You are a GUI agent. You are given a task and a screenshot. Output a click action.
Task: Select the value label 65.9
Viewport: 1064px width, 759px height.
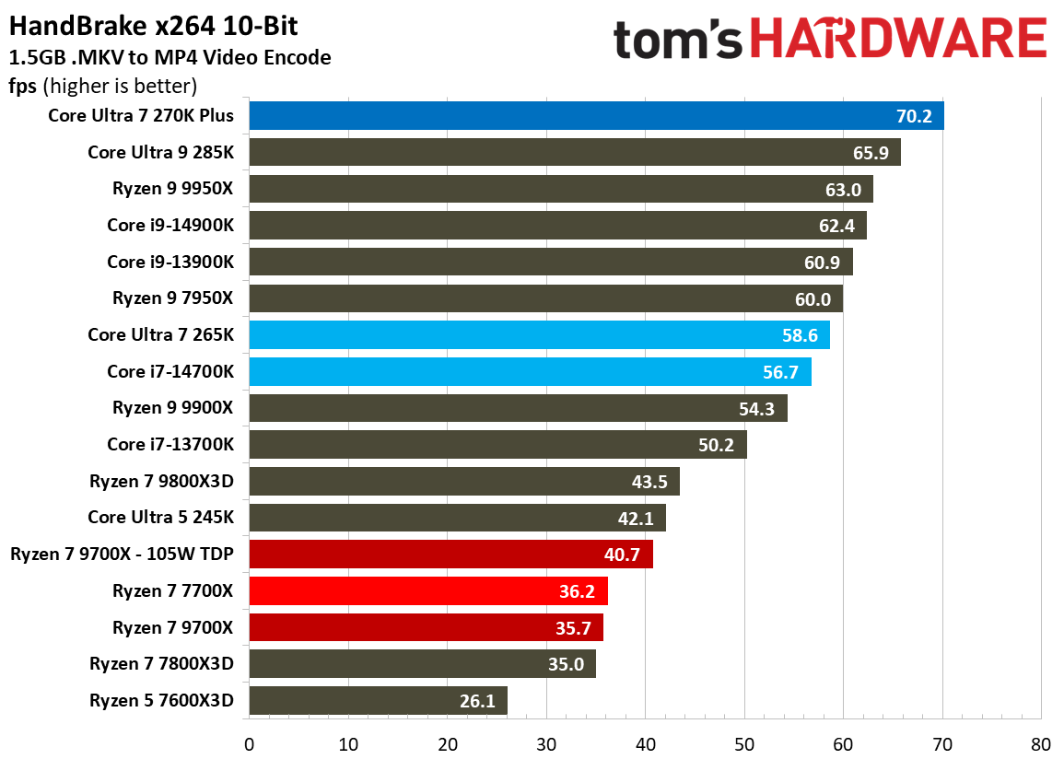[x=871, y=153]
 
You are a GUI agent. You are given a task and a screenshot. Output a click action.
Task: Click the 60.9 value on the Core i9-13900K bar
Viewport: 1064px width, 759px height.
[x=822, y=263]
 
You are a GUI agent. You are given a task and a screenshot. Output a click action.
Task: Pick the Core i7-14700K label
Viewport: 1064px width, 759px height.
[x=170, y=371]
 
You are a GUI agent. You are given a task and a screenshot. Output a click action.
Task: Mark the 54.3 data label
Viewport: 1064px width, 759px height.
[x=756, y=408]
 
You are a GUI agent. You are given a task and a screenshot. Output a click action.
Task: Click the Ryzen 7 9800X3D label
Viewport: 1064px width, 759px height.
[x=161, y=481]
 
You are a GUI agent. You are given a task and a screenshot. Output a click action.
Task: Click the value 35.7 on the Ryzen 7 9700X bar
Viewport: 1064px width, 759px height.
[x=574, y=627]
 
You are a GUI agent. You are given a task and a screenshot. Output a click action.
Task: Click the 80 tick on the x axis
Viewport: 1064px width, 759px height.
[x=1041, y=743]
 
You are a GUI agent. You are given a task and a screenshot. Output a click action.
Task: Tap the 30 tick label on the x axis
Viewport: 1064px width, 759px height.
[x=546, y=743]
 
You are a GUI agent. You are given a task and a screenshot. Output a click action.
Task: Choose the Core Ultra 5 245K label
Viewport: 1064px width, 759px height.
[x=160, y=518]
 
